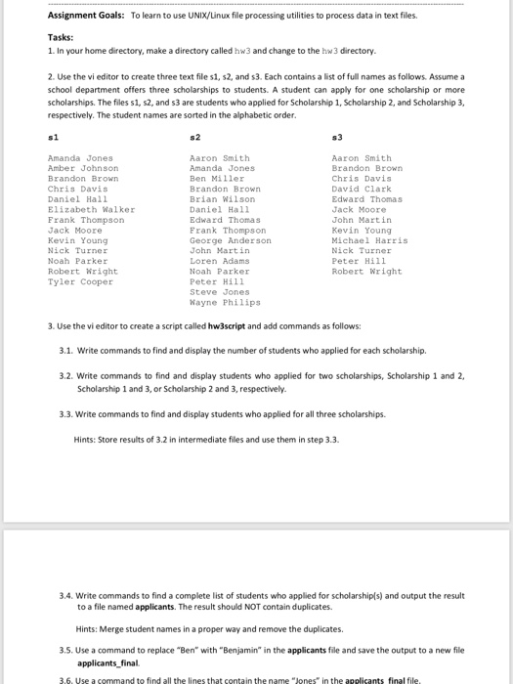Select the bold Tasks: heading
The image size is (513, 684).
[62, 36]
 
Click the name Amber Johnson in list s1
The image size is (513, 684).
[83, 168]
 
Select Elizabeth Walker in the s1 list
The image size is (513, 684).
[91, 209]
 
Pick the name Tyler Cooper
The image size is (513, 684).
[80, 280]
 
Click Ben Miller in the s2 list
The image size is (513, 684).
[216, 179]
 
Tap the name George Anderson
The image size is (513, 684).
[230, 239]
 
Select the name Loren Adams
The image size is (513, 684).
[219, 260]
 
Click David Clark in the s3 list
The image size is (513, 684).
[362, 189]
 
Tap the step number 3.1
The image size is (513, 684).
[65, 349]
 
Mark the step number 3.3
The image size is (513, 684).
[65, 413]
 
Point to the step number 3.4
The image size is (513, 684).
[65, 594]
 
